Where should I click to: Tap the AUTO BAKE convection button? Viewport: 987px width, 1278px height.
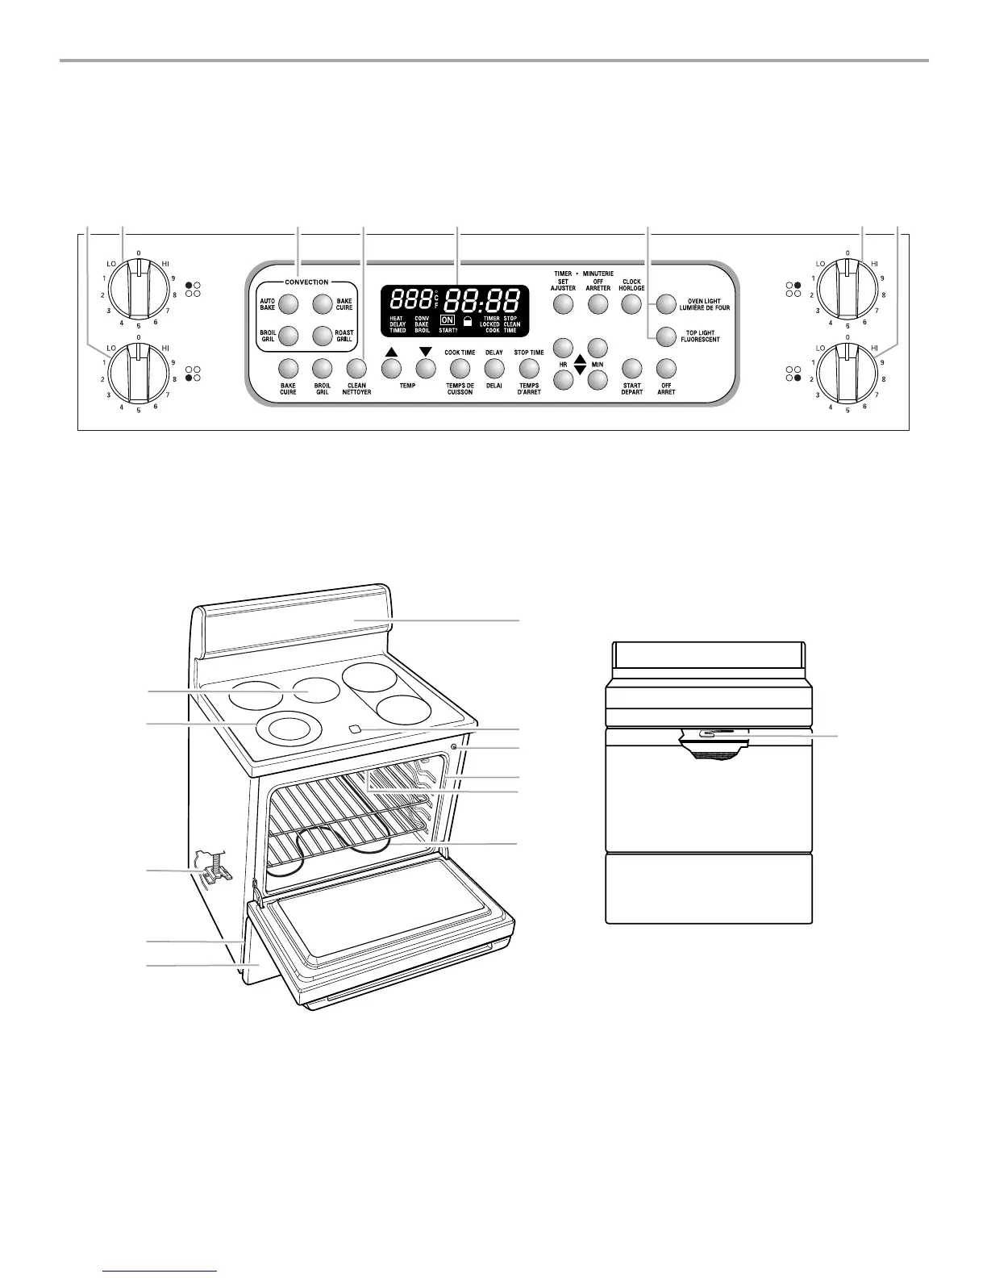click(x=288, y=304)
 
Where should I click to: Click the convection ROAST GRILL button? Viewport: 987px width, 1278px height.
click(x=321, y=336)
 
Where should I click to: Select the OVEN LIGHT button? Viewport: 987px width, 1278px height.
click(x=664, y=304)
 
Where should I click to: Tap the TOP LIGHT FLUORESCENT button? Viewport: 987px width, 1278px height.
click(x=664, y=335)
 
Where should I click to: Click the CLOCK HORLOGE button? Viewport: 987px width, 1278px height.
click(x=631, y=304)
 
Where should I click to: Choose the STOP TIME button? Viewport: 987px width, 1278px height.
click(x=528, y=369)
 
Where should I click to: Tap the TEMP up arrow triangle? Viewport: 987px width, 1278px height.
click(x=391, y=352)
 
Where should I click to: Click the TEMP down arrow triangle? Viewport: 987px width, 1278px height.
click(x=426, y=352)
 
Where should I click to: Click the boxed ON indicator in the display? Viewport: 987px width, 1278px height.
click(x=447, y=319)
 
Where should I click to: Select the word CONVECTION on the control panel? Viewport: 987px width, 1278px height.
click(x=306, y=282)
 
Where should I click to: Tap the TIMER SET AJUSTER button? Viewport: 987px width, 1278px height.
click(x=563, y=304)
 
